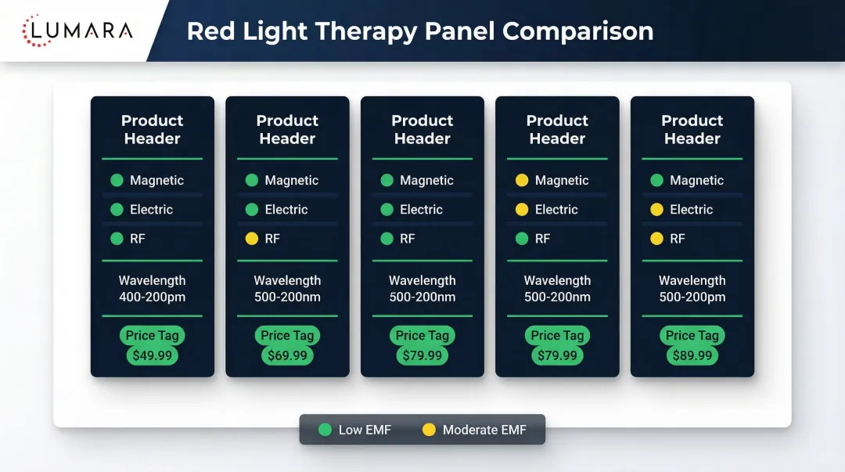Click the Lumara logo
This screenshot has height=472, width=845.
pos(77,31)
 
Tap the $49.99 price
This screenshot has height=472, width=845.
pos(153,355)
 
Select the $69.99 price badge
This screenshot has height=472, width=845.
pos(287,355)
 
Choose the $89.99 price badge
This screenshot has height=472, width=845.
pos(692,355)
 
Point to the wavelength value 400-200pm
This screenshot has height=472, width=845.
pos(152,297)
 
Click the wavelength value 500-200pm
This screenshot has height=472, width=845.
pos(692,297)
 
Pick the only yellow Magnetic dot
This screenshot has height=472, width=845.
pos(522,180)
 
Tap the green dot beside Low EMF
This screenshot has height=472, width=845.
pos(325,430)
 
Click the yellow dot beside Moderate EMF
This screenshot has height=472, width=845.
pos(429,430)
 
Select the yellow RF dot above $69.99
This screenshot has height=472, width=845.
pos(252,239)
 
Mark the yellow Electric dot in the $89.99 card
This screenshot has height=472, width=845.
pos(656,210)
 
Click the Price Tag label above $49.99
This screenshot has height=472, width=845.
pos(153,335)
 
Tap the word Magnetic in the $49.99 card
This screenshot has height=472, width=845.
pos(156,180)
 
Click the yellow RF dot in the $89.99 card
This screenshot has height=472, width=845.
pos(656,239)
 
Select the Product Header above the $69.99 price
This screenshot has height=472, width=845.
pos(287,130)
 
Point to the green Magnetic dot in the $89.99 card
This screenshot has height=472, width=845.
pos(656,180)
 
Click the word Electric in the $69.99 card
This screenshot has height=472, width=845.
pos(286,210)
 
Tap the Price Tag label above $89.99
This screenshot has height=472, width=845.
pos(692,335)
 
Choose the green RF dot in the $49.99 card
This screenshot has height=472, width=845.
pos(117,239)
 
